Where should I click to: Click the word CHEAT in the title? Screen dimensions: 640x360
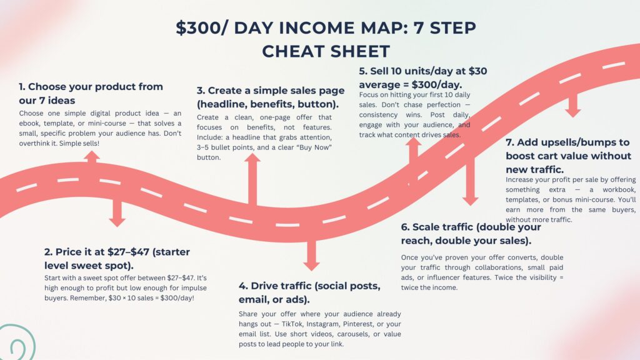point(293,51)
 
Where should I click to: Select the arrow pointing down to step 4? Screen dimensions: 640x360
point(311,255)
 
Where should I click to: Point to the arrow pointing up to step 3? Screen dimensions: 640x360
point(252,179)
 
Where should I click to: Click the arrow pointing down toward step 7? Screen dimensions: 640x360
point(572,105)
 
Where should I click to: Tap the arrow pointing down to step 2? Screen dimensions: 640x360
point(117,214)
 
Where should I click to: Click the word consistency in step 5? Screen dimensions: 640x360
point(378,115)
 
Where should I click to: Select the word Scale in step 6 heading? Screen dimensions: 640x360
point(424,227)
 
